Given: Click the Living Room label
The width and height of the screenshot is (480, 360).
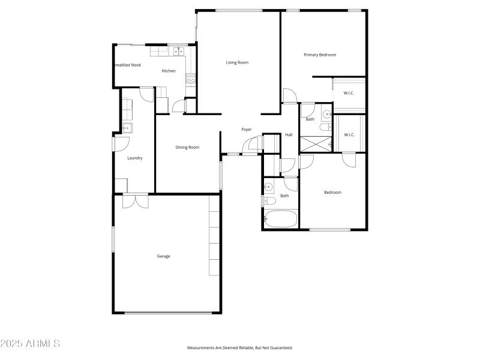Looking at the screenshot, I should click(237, 62).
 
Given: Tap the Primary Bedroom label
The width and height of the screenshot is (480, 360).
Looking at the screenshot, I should click(320, 55).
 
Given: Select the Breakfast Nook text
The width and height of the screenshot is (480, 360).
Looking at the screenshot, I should click(127, 65).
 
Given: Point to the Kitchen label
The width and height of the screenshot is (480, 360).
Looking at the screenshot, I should click(169, 71).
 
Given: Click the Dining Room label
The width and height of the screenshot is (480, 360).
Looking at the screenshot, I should click(187, 147).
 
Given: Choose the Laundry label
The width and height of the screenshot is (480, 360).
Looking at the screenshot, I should click(135, 158).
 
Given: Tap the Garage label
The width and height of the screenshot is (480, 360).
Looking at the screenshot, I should click(164, 256).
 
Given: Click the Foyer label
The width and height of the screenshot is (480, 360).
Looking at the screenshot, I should click(247, 130).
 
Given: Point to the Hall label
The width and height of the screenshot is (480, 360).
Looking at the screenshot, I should click(289, 134).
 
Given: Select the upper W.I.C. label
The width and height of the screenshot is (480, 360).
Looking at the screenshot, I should click(349, 93).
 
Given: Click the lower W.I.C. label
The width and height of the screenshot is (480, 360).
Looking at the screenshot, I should click(349, 134).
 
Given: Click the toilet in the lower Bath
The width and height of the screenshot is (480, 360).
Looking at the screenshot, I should click(268, 201).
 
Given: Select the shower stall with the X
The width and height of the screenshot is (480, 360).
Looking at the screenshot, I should click(316, 144).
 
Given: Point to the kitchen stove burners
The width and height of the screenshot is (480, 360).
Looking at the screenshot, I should click(190, 77).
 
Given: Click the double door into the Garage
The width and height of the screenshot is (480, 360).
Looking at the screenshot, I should click(136, 200).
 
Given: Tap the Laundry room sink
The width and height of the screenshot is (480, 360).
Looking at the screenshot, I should click(127, 127).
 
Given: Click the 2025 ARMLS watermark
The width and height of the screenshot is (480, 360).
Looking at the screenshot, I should click(30, 344).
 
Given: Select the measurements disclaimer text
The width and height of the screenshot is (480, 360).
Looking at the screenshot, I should click(240, 348).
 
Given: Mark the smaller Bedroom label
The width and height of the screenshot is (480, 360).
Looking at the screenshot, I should click(332, 193).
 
